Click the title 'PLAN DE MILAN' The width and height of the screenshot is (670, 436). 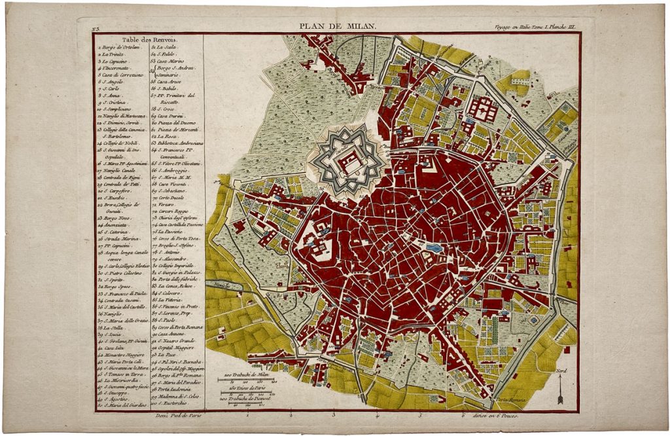coord(338,26)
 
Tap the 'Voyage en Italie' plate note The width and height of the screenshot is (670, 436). coord(535,27)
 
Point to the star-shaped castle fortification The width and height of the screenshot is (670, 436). coord(347,160)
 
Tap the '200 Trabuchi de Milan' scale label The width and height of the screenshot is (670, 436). coord(248,375)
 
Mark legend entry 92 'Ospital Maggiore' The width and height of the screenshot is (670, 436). coord(178,348)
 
